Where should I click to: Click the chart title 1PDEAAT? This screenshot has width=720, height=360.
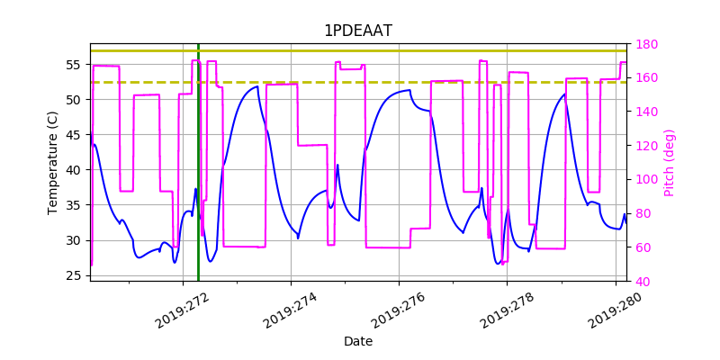[x=358, y=31]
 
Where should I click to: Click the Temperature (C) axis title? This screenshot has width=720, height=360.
[x=54, y=162]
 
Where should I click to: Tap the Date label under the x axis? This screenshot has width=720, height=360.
[x=358, y=342]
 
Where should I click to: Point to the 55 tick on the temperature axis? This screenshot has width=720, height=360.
[x=76, y=65]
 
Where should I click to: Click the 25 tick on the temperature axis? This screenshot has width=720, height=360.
[x=76, y=275]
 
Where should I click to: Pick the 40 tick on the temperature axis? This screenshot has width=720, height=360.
[x=76, y=170]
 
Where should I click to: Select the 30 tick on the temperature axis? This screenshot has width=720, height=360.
[x=76, y=240]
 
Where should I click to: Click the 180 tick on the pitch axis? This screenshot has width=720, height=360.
[x=647, y=44]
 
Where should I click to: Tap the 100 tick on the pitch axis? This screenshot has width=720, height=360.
[x=647, y=180]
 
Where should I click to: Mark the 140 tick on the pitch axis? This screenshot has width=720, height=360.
[x=647, y=112]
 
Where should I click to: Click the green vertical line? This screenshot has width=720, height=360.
[x=198, y=162]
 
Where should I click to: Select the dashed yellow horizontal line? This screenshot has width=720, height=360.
[x=360, y=82]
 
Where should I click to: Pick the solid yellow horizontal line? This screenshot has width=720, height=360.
[x=360, y=50]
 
